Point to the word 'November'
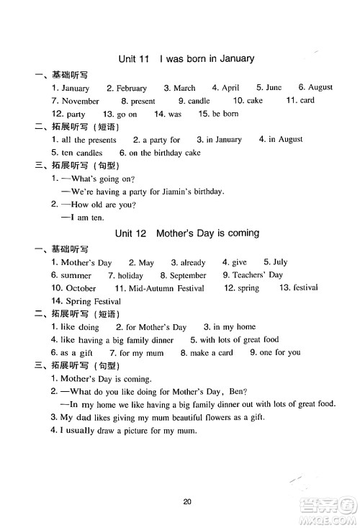pyautogui.click(x=81, y=102)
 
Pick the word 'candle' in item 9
pyautogui.click(x=199, y=102)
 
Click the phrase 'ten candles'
pyautogui.click(x=82, y=153)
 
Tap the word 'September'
pyautogui.click(x=188, y=276)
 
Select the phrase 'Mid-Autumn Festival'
pyautogui.click(x=170, y=288)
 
